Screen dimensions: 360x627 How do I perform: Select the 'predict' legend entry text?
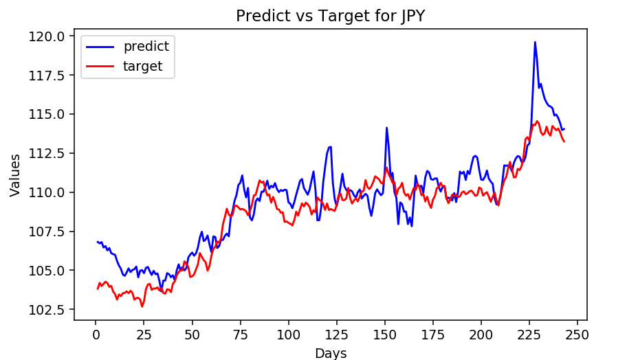point(146,47)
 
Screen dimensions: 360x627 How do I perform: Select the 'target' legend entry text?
point(143,67)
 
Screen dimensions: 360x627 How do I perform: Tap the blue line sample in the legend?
point(101,47)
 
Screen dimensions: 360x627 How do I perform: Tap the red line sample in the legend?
point(101,67)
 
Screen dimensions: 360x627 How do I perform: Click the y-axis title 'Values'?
point(15,175)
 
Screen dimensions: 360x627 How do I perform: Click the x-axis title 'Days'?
point(331,353)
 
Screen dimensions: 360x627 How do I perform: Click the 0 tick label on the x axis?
point(96,335)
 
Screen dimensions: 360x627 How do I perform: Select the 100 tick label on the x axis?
point(289,335)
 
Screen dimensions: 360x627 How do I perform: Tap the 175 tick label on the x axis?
point(432,335)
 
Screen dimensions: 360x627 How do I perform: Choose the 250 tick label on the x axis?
point(577,335)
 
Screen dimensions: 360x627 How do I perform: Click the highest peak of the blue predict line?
point(535,42)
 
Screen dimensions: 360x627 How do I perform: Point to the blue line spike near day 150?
point(386,128)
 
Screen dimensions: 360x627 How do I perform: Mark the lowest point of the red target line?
point(142,306)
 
